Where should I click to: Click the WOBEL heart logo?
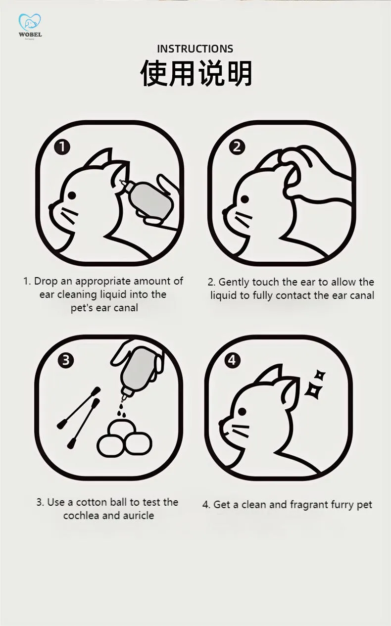[x=30, y=22]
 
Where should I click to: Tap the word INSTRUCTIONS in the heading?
[x=195, y=49]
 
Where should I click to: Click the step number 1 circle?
[x=62, y=147]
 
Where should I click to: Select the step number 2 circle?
[x=237, y=147]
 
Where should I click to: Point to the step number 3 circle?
[x=66, y=360]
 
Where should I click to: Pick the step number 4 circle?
[x=232, y=360]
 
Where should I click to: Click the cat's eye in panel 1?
[x=72, y=195]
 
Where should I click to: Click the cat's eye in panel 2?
[x=245, y=199]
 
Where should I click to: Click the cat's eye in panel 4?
[x=242, y=411]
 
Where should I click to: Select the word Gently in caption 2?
[x=234, y=283]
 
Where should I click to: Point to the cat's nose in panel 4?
[x=221, y=423]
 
